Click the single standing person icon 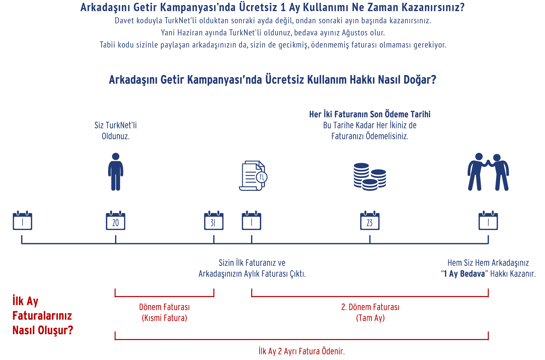click(x=116, y=172)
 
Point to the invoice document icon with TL click(x=253, y=176)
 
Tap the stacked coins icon click(x=370, y=177)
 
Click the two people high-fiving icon click(x=488, y=172)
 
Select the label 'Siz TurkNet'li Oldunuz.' click(x=116, y=131)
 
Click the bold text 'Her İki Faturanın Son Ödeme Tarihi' click(x=370, y=114)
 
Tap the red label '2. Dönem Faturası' click(x=370, y=307)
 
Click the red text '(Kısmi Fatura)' click(x=165, y=318)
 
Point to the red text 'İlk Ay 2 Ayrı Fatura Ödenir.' click(x=302, y=351)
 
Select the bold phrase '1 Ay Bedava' click(x=464, y=274)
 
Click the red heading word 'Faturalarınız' click(x=42, y=316)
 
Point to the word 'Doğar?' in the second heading click(x=420, y=80)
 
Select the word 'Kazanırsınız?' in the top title click(x=433, y=7)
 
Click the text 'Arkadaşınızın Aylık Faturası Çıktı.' click(x=252, y=274)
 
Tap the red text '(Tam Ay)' click(x=370, y=318)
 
